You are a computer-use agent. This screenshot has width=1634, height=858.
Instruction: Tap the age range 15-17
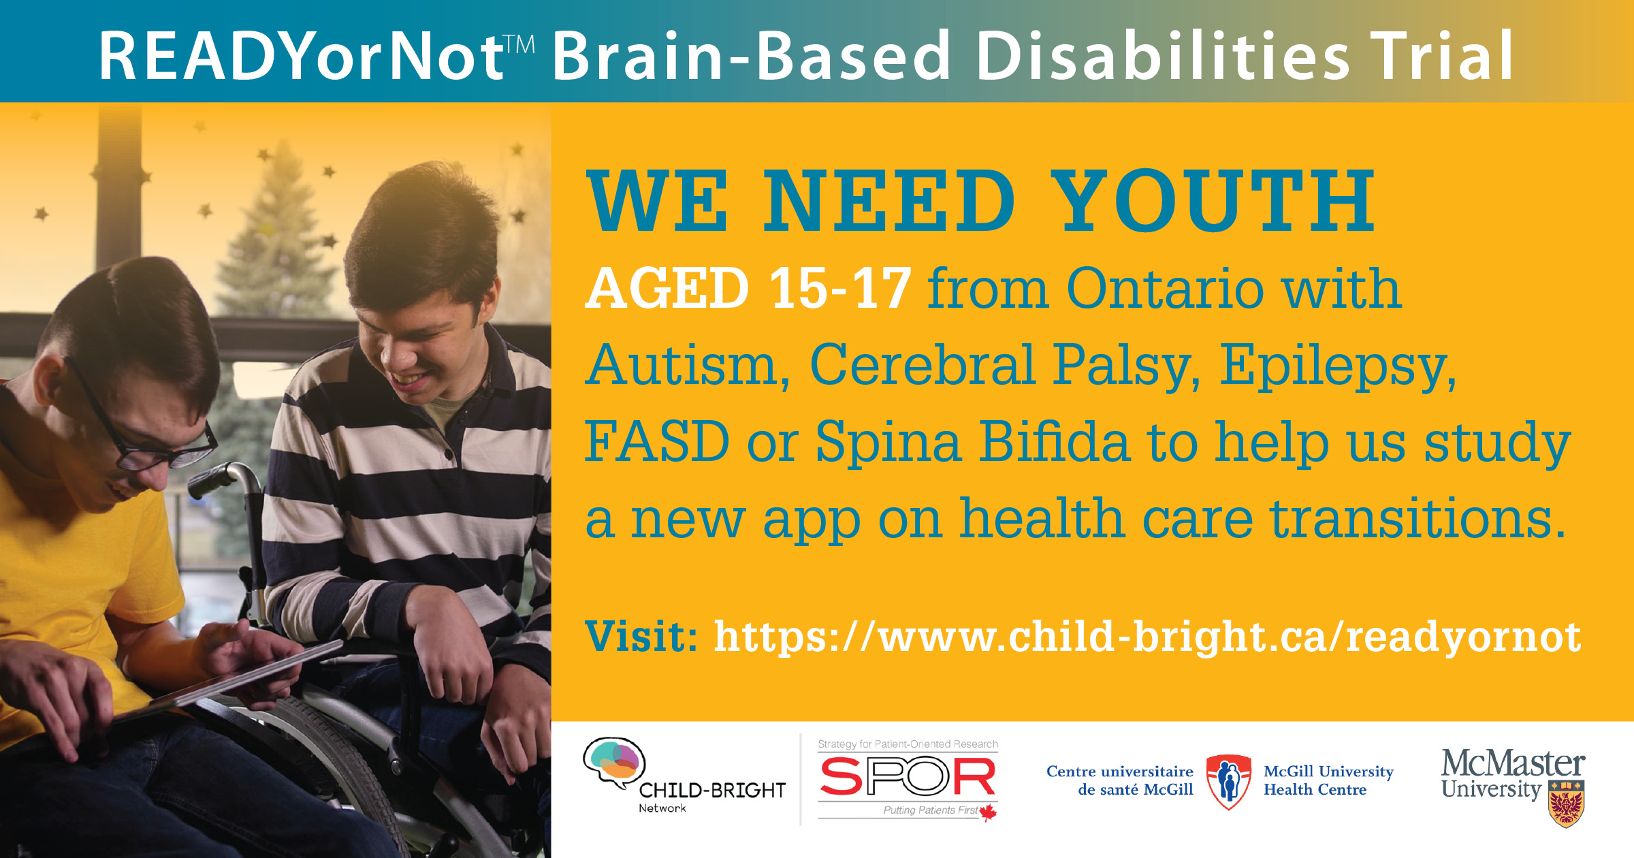coord(840,288)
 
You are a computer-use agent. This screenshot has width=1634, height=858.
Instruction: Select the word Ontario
coord(1165,288)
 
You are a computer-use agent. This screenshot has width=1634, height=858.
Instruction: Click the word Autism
coord(687,365)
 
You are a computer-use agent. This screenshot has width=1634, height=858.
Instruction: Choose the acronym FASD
coord(657,441)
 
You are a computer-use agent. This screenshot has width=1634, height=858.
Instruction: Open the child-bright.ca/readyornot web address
coord(1147,637)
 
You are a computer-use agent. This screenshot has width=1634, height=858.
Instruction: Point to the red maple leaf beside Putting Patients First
coord(988,812)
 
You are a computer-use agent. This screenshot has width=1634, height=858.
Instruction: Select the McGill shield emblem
coord(1228,782)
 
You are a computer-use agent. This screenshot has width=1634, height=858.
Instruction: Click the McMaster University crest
coord(1566,804)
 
